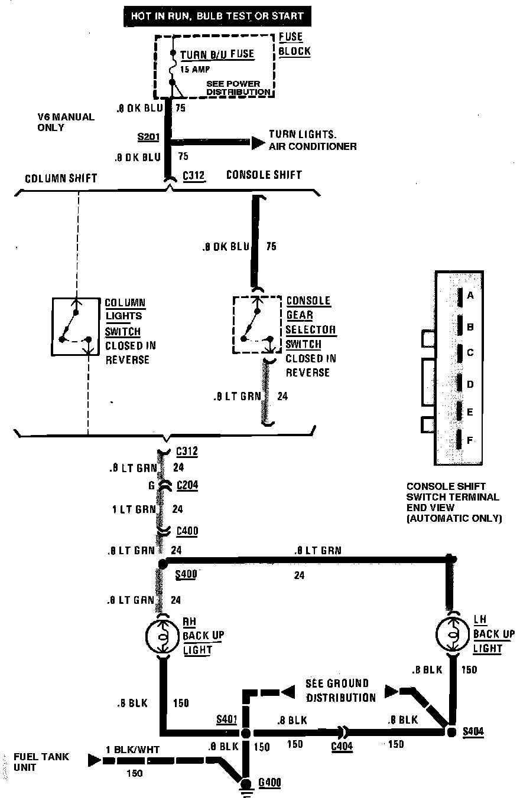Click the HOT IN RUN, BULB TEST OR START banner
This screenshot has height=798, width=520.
coord(217,16)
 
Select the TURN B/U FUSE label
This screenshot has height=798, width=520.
coord(217,55)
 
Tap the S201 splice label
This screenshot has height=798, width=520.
coord(148,136)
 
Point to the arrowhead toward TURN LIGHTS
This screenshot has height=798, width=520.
coord(257,142)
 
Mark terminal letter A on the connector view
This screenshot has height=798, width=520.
coord(470,296)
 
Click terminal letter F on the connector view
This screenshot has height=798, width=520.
coord(470,440)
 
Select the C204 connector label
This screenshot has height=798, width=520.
coord(187,486)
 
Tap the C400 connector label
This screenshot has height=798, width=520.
coord(187,531)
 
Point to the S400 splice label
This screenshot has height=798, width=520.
coord(186,574)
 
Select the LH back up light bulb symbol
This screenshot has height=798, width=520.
coord(451,635)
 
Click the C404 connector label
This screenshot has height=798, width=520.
coord(342,746)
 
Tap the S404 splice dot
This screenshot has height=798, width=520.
coord(451,732)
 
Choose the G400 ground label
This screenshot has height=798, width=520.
coord(269,783)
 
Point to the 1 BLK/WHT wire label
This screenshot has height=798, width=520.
coord(132,750)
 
